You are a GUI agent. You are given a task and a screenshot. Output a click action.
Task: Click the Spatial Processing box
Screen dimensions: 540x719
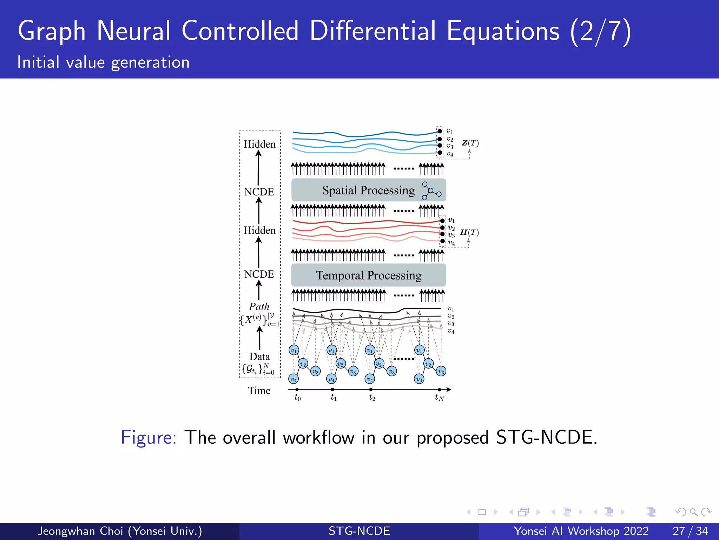tap(368, 190)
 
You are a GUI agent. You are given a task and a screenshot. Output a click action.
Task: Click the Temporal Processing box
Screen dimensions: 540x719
tap(368, 275)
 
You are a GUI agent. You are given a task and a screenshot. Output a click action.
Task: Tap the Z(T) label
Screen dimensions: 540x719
tap(470, 143)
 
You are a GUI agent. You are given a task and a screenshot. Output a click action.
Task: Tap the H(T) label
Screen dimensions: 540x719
tap(469, 232)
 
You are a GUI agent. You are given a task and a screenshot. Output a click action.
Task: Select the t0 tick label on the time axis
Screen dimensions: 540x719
tap(297, 398)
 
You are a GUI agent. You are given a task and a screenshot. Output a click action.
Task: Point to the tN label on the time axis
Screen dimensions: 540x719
tap(439, 398)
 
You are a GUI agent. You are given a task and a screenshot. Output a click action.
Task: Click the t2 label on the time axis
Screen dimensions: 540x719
tap(372, 398)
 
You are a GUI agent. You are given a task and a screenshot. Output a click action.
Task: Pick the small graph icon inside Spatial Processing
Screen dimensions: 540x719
tap(431, 191)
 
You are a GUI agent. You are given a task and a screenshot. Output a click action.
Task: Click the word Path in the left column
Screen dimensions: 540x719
tap(259, 307)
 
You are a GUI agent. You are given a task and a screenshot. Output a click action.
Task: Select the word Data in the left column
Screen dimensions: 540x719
tap(259, 356)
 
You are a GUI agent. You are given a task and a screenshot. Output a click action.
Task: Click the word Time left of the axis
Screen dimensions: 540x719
tap(259, 391)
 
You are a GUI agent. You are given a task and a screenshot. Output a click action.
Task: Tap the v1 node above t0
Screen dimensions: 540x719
tap(294, 350)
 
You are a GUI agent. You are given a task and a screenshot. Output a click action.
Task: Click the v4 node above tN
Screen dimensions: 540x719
tap(419, 379)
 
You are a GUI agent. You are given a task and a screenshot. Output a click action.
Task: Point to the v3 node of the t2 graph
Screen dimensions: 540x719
tap(391, 372)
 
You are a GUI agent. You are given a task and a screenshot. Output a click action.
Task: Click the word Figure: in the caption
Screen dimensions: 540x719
tap(148, 438)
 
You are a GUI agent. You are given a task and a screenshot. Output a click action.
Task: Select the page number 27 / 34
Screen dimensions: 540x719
tap(690, 531)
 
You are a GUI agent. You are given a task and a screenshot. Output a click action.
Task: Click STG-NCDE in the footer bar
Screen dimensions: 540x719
tap(359, 531)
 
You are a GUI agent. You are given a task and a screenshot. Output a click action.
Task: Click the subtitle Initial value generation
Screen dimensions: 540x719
tap(104, 63)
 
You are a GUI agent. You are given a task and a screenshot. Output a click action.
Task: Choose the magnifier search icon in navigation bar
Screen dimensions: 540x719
tap(693, 512)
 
